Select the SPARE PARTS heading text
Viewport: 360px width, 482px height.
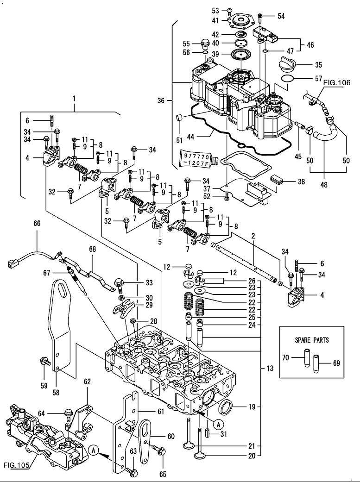(312, 340)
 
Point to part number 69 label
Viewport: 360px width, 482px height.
(336, 363)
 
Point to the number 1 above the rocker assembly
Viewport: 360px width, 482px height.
(74, 98)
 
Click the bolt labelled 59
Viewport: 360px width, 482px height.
(45, 361)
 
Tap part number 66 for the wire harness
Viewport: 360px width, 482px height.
(37, 224)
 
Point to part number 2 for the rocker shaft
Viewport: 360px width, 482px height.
(253, 236)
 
